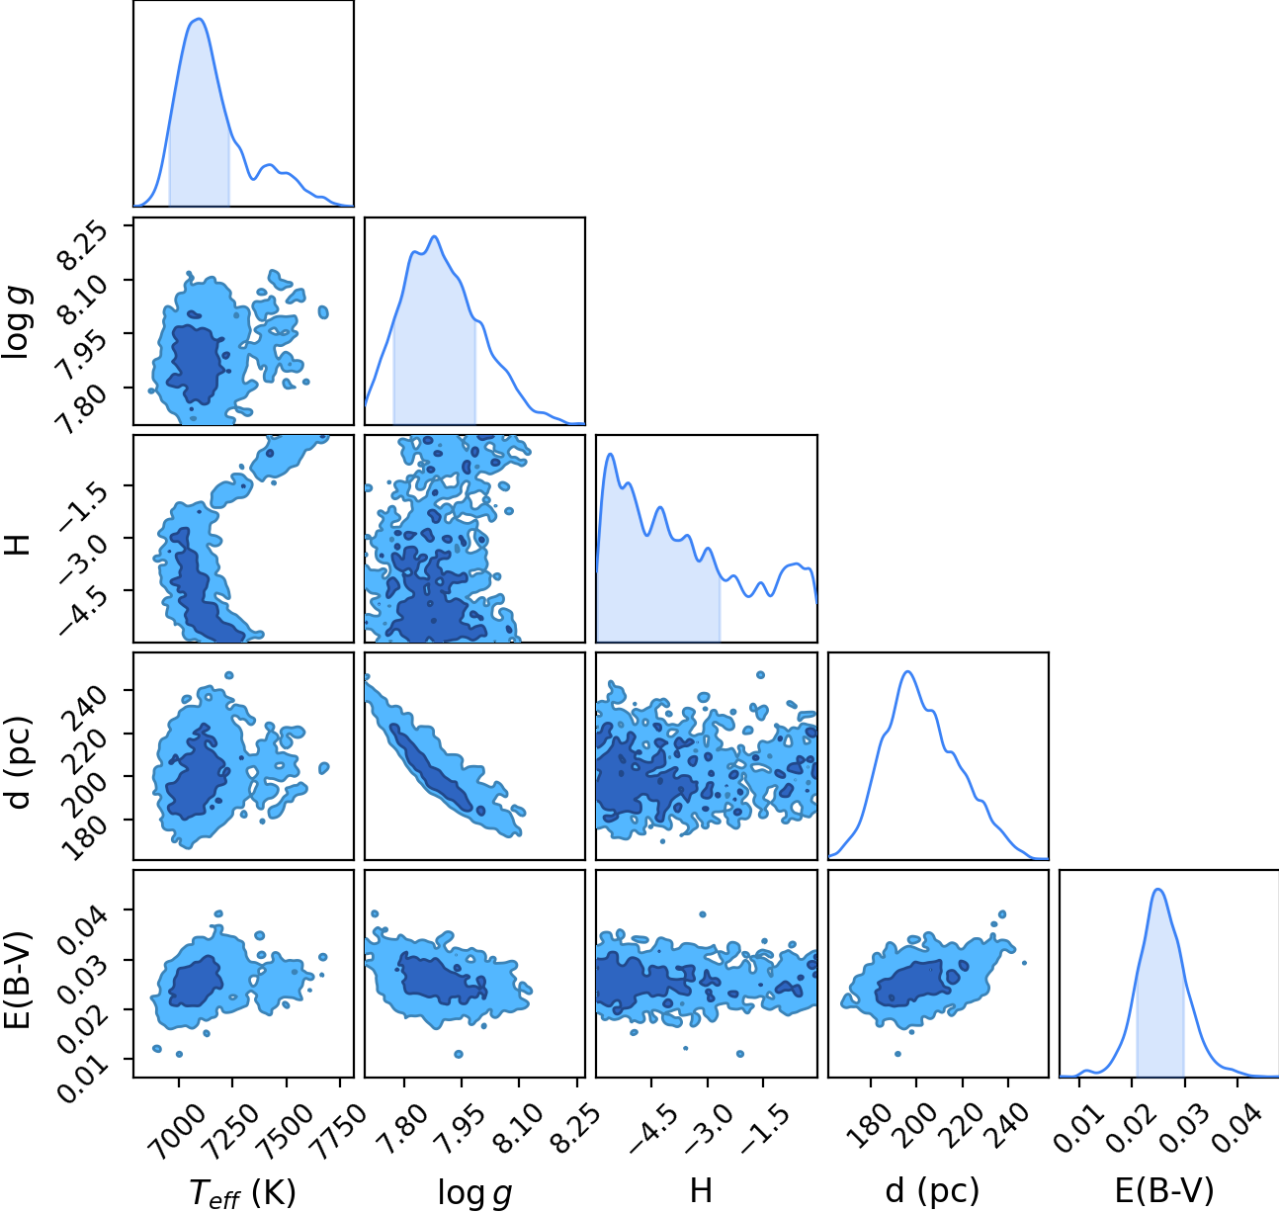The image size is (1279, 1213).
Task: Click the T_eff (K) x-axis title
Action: click(x=243, y=1192)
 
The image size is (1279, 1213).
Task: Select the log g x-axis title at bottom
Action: click(x=474, y=1192)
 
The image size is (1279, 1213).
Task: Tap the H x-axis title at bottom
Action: click(x=701, y=1190)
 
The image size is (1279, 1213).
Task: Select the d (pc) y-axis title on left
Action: click(x=18, y=762)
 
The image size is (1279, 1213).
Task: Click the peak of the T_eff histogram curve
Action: click(x=199, y=19)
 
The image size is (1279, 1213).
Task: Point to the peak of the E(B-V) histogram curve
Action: click(x=1158, y=890)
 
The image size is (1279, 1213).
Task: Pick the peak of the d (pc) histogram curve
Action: click(x=907, y=671)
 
